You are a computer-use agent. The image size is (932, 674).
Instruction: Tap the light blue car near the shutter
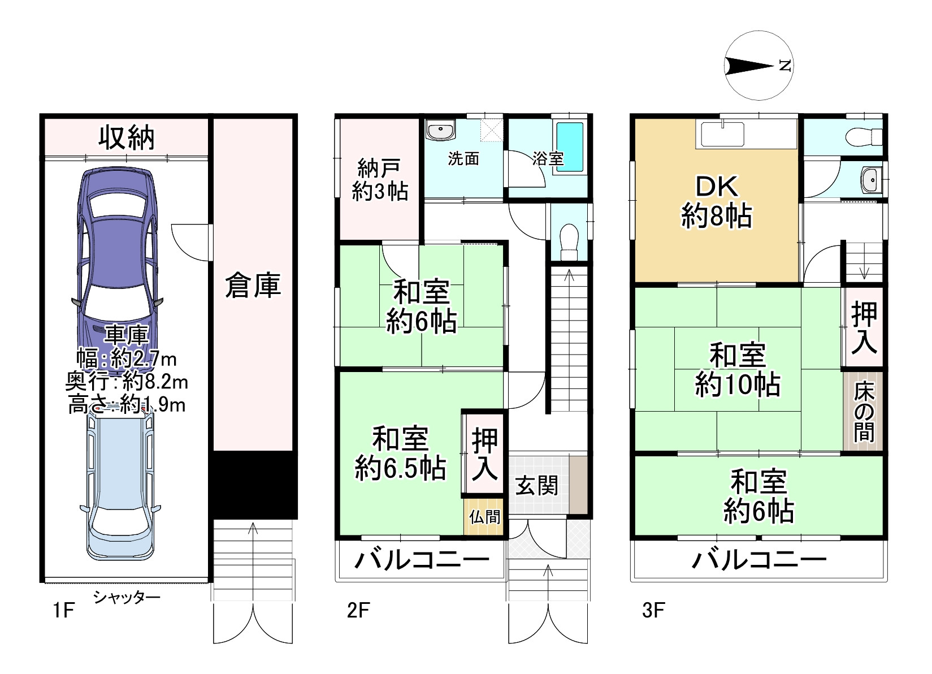(120, 483)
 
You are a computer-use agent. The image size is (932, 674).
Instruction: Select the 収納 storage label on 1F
(127, 137)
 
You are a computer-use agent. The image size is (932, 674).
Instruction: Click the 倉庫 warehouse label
(253, 285)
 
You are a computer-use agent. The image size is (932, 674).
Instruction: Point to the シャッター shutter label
(127, 598)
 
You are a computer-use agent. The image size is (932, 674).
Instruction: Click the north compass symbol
(759, 66)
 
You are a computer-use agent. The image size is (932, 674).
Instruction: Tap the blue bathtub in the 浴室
(570, 147)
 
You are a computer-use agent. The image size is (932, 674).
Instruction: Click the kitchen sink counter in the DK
(746, 133)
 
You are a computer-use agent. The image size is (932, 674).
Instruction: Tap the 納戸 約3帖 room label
(379, 180)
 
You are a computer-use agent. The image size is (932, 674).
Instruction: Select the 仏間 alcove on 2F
(484, 517)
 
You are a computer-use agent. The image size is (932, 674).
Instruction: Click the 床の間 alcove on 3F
(864, 411)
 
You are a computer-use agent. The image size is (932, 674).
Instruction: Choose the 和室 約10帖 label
(737, 369)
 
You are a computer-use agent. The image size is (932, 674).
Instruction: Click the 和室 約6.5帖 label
(400, 453)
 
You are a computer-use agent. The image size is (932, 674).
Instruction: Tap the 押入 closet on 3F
(864, 327)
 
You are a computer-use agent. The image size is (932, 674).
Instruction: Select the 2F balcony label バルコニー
(422, 560)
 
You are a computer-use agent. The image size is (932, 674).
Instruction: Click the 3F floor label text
(654, 611)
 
